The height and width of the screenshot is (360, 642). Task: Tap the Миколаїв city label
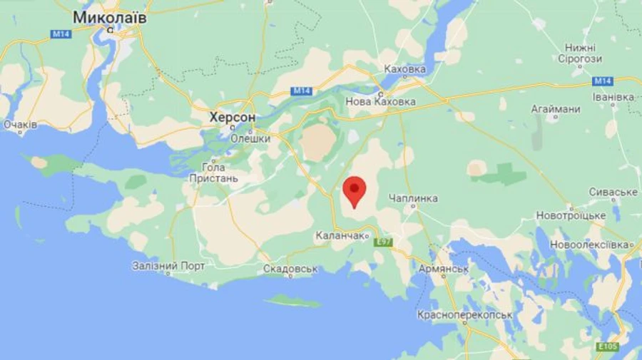tap(110, 17)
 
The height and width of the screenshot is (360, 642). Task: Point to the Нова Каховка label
tap(380, 102)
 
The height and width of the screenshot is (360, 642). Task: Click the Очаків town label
tap(20, 124)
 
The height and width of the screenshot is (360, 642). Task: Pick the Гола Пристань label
tap(213, 172)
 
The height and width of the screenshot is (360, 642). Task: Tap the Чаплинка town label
tap(414, 198)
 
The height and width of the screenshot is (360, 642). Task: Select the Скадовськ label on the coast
tap(290, 269)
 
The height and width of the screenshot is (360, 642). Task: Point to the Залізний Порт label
tap(168, 266)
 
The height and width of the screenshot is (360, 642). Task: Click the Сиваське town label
tap(613, 192)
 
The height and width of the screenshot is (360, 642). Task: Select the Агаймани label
tap(555, 109)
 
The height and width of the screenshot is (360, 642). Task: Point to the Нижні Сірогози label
tap(579, 53)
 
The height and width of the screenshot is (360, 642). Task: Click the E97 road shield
tap(384, 242)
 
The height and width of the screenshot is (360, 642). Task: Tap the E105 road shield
tap(607, 346)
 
